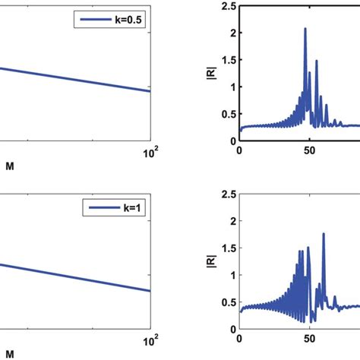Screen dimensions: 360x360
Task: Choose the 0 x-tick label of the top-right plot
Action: pyautogui.click(x=239, y=151)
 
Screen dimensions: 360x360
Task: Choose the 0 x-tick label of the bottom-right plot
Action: pyautogui.click(x=239, y=339)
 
